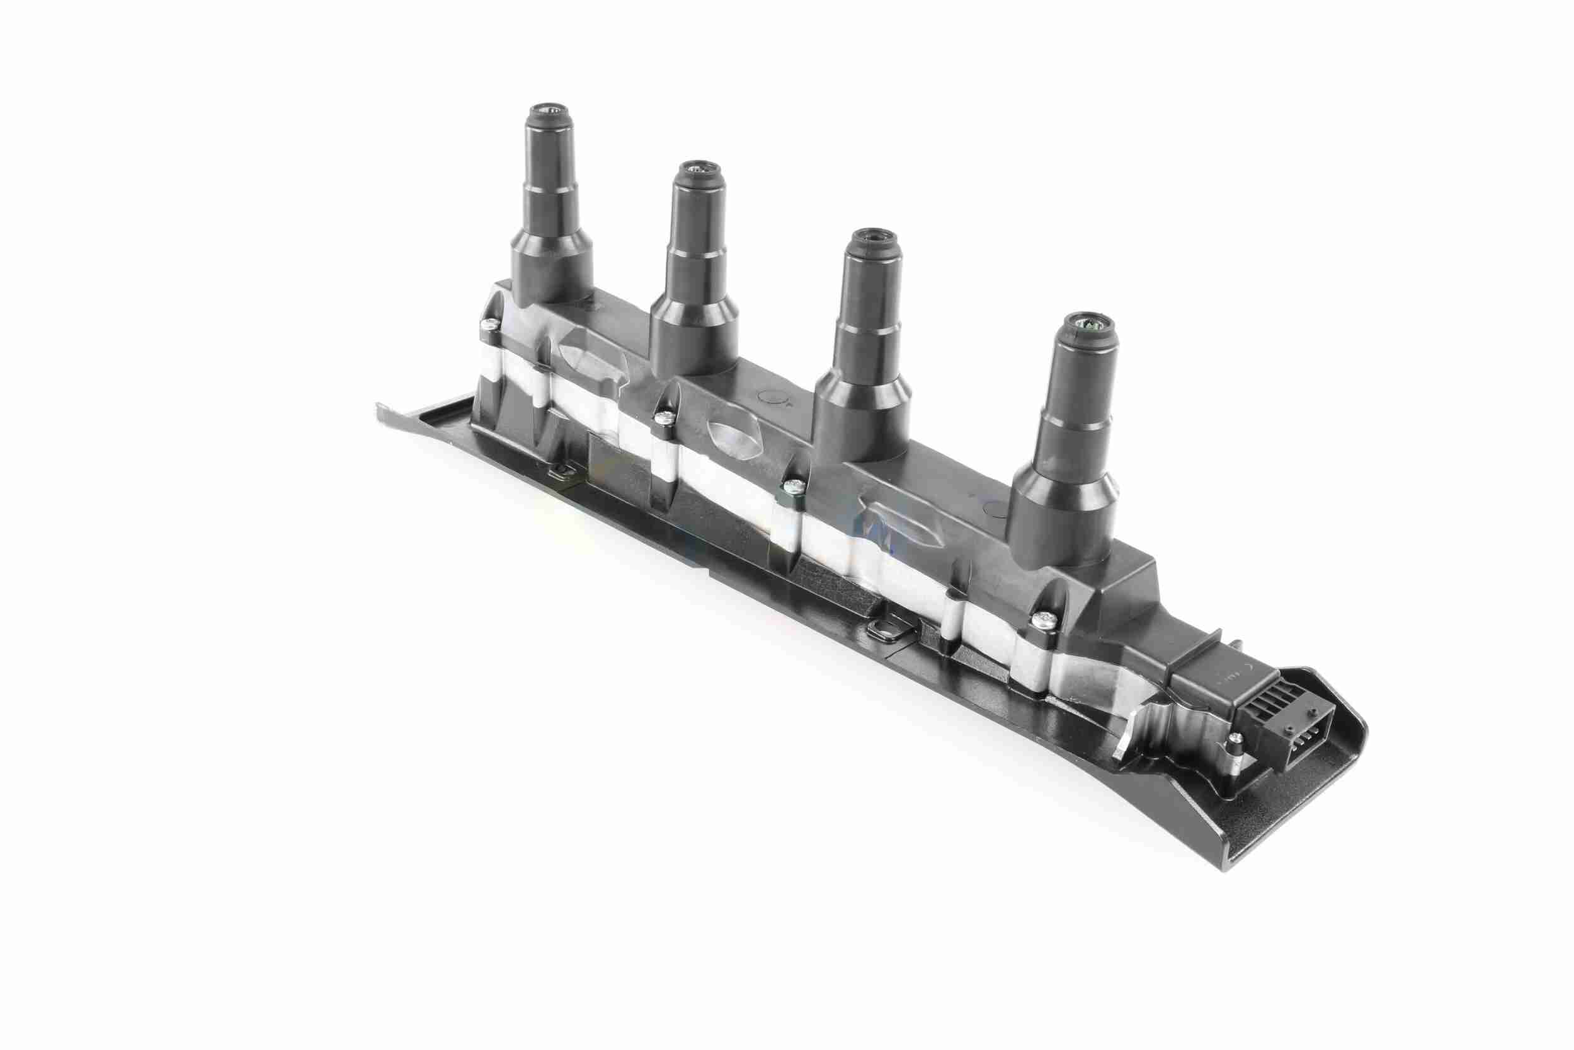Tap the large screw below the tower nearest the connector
click(x=1041, y=620)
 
